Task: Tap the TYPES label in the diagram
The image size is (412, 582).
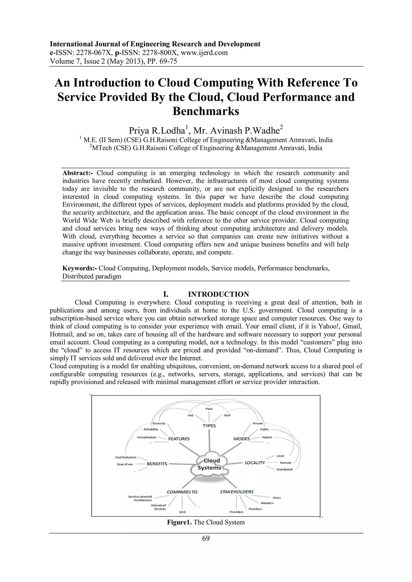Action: point(209,426)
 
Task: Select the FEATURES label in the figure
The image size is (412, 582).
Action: point(179,439)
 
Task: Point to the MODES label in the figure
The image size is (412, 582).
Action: point(242,439)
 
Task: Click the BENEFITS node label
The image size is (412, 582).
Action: point(157,464)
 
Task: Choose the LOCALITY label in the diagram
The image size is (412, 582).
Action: point(255,463)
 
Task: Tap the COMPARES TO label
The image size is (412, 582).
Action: point(182,492)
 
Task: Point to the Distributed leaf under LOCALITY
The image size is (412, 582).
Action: point(284,469)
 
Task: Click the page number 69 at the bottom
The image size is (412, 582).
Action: point(206,538)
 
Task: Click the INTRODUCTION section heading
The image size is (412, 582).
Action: point(218,294)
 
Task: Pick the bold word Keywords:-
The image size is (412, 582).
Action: point(80,268)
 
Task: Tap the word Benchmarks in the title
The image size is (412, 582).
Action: point(206,111)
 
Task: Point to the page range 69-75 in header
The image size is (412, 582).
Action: point(168,61)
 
